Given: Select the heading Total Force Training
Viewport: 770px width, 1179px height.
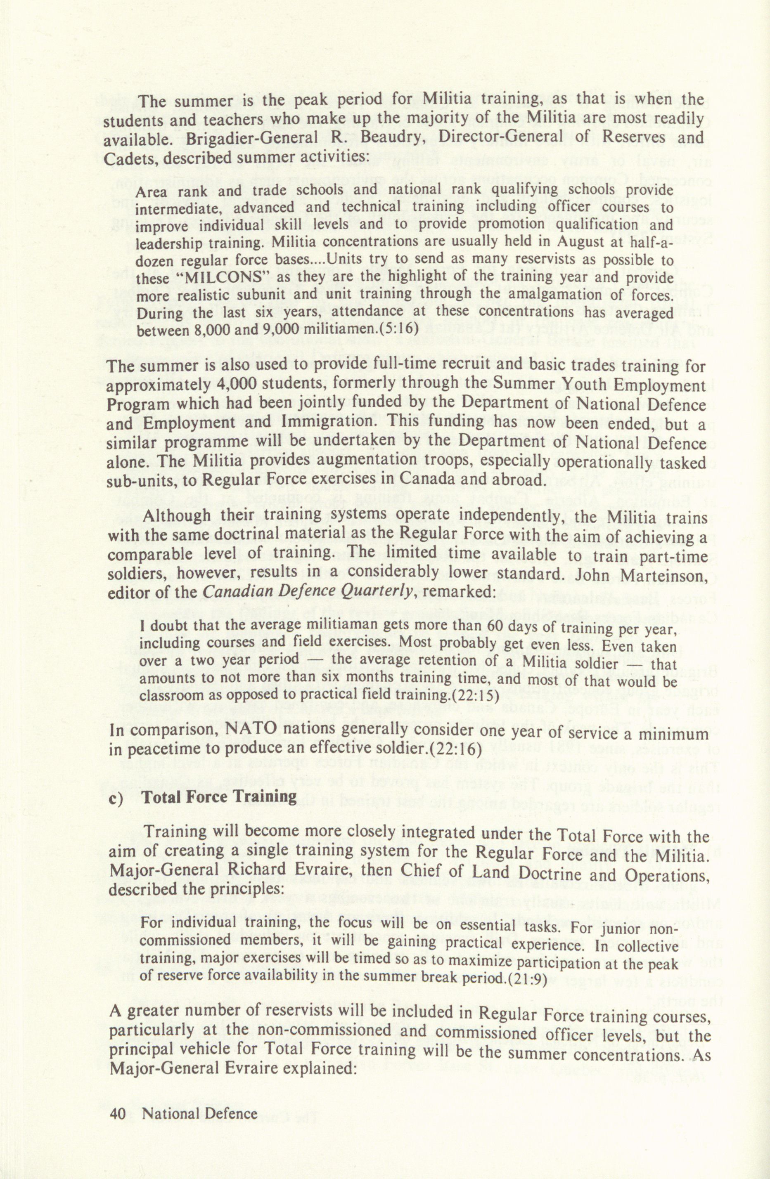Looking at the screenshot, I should pyautogui.click(x=220, y=796).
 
